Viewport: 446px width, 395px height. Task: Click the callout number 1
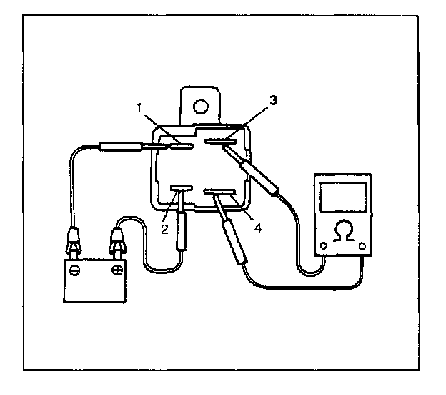pyautogui.click(x=139, y=108)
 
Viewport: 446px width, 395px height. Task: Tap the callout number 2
pyautogui.click(x=164, y=229)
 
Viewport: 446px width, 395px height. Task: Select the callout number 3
pyautogui.click(x=273, y=100)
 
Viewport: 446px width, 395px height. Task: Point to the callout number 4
pyautogui.click(x=258, y=228)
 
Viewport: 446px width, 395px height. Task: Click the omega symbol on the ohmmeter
pyautogui.click(x=344, y=230)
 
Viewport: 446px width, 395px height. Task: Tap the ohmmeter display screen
pyautogui.click(x=343, y=197)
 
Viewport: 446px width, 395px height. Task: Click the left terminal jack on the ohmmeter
pyautogui.click(x=324, y=245)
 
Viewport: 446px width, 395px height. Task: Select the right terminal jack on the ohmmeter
pyautogui.click(x=362, y=245)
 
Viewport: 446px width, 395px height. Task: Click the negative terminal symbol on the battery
pyautogui.click(x=74, y=270)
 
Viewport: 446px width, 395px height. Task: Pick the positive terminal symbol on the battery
pyautogui.click(x=117, y=269)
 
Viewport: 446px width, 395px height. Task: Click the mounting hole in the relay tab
pyautogui.click(x=201, y=107)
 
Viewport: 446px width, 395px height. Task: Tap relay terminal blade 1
pyautogui.click(x=182, y=147)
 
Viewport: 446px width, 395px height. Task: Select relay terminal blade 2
pyautogui.click(x=182, y=188)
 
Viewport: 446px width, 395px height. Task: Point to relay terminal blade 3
pyautogui.click(x=220, y=141)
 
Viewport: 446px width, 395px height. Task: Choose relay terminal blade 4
pyautogui.click(x=219, y=192)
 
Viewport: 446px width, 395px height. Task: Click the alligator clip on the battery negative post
pyautogui.click(x=74, y=240)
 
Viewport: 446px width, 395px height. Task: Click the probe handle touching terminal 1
pyautogui.click(x=121, y=147)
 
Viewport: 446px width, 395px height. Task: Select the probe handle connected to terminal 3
pyautogui.click(x=259, y=177)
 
